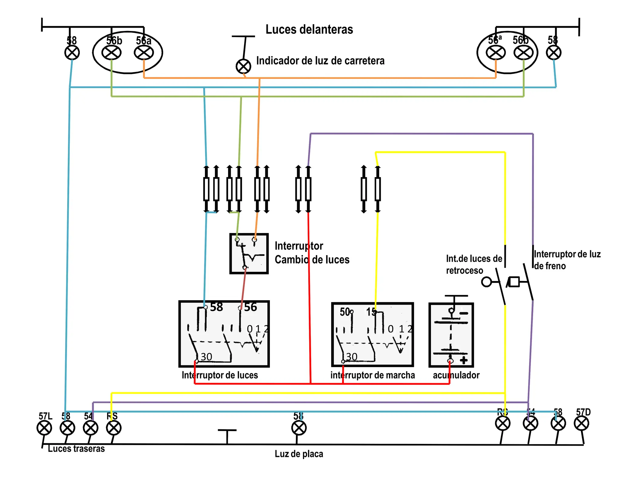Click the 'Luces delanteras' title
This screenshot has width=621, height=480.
(x=309, y=29)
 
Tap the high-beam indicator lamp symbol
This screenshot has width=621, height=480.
(x=243, y=66)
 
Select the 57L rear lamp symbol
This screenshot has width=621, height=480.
(x=44, y=428)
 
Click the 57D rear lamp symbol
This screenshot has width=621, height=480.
(x=581, y=423)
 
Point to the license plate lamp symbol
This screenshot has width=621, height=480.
(x=299, y=428)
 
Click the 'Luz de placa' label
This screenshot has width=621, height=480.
(x=299, y=454)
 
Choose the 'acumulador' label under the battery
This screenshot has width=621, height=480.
(x=456, y=375)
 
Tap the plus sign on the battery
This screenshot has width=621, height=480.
(x=463, y=360)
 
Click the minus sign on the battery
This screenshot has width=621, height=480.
(x=464, y=313)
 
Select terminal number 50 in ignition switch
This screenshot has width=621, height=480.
(x=345, y=312)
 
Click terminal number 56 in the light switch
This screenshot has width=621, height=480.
(x=250, y=307)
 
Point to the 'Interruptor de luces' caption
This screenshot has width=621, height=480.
(x=220, y=375)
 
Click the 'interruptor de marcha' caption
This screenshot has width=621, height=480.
(x=372, y=375)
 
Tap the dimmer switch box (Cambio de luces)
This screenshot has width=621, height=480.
(x=249, y=254)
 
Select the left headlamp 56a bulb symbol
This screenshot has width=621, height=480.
(x=144, y=53)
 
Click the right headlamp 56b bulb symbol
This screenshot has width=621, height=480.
(x=523, y=53)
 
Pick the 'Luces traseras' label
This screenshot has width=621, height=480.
(x=76, y=449)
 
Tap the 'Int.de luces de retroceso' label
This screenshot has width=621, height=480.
(x=474, y=264)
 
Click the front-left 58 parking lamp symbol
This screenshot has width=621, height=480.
(x=72, y=53)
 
